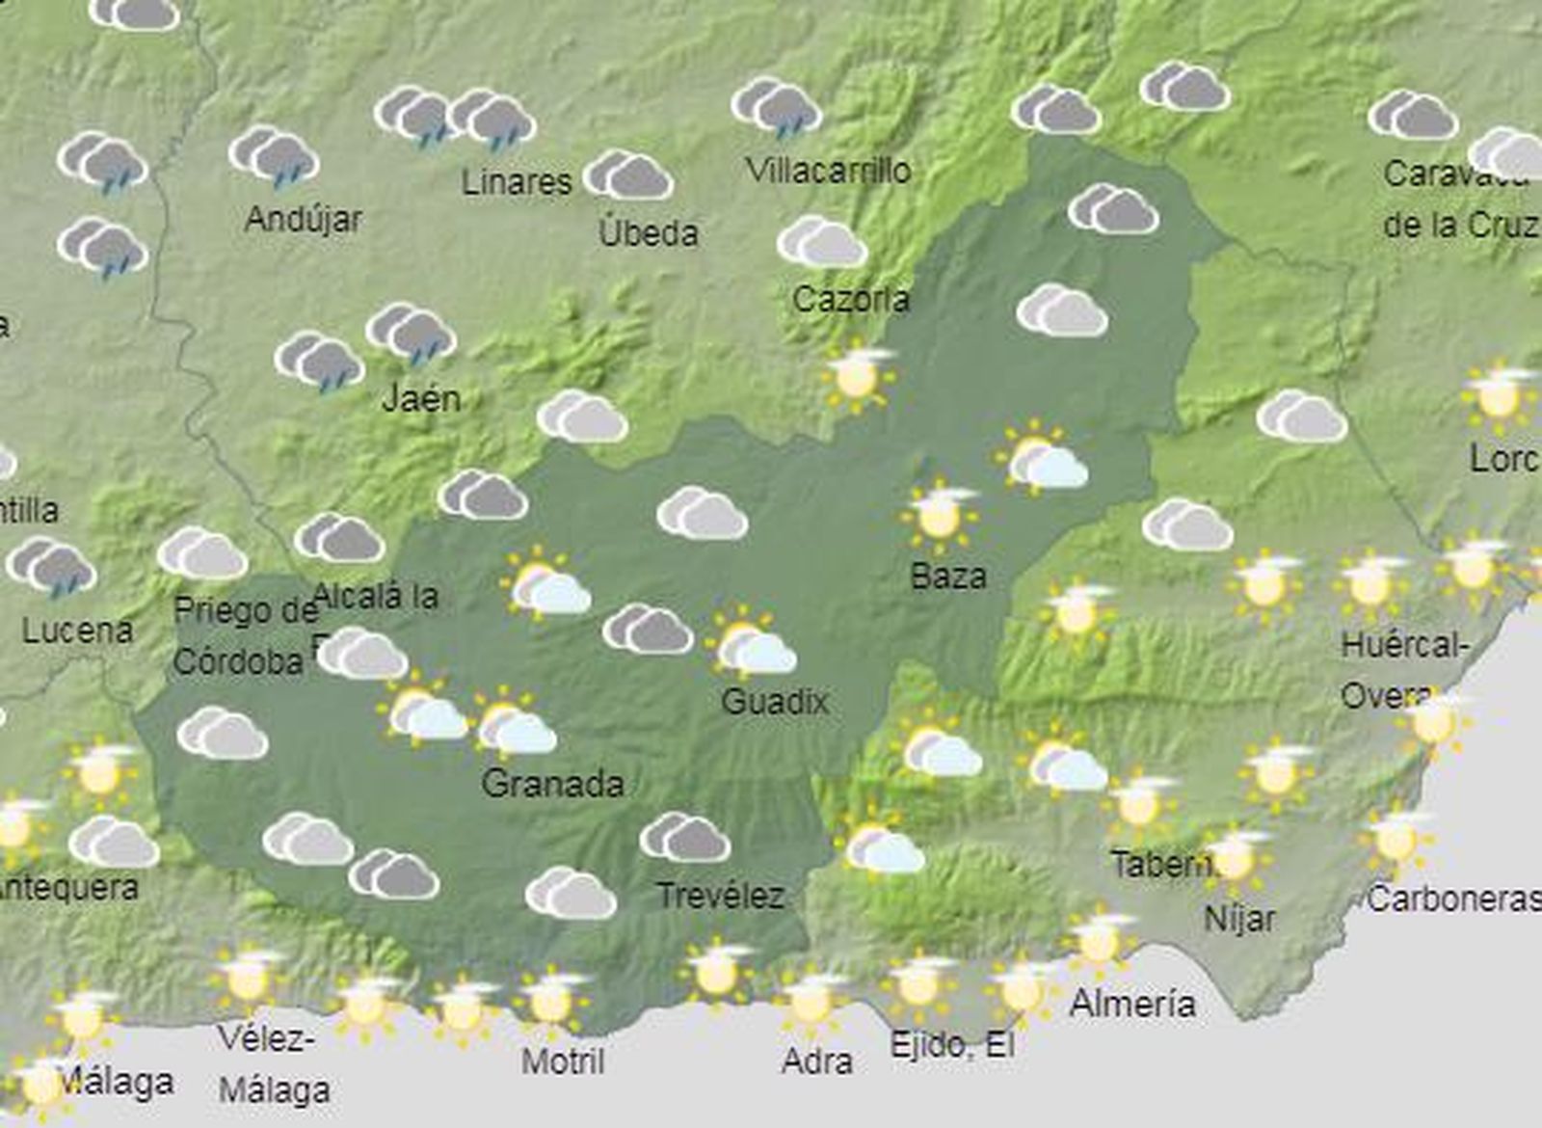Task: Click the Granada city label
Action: (552, 783)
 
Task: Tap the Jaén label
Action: (421, 398)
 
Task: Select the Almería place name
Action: (1132, 1004)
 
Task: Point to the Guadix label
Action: (775, 701)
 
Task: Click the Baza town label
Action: (948, 577)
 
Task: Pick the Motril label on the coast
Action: (563, 1061)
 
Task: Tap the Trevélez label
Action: (720, 896)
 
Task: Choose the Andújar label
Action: (304, 220)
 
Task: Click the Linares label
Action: (517, 181)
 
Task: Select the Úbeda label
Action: (648, 232)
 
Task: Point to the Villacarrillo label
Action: (828, 171)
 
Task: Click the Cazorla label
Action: (850, 299)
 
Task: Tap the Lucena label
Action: (77, 631)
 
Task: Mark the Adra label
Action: (817, 1061)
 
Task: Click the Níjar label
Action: (1239, 919)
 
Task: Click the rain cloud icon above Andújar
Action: (275, 156)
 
